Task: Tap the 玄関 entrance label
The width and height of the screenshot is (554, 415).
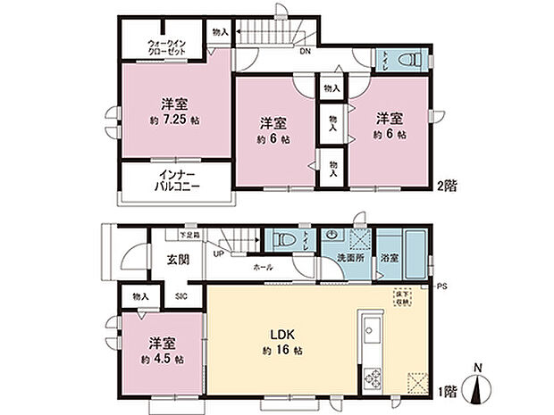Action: pyautogui.click(x=177, y=260)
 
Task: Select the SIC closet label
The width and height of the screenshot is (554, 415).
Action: pyautogui.click(x=180, y=295)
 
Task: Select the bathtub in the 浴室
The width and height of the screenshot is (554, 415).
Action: pyautogui.click(x=412, y=245)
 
